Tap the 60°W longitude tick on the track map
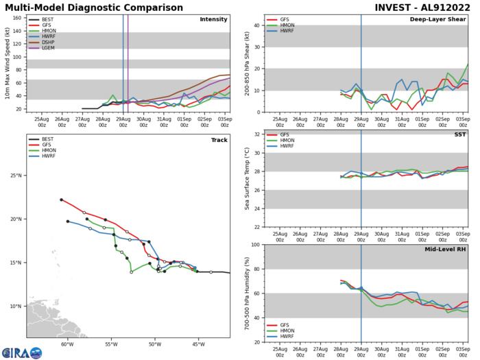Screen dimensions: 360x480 coord(67,344)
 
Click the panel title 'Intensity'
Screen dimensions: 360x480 coord(213,19)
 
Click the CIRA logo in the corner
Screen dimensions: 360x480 coord(22,352)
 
